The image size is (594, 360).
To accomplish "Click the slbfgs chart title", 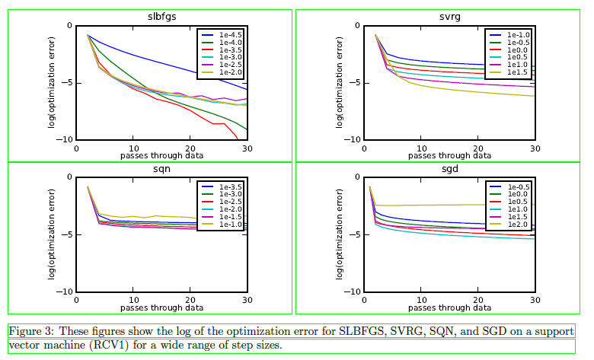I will click(x=161, y=17).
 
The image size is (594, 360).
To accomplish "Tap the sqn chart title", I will click(x=161, y=169).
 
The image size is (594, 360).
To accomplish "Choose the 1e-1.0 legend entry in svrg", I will click(x=519, y=35).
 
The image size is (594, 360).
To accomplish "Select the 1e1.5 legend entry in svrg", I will click(x=519, y=72).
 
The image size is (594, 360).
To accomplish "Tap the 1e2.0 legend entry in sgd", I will click(x=519, y=225).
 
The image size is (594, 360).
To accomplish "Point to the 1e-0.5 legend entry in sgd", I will click(x=519, y=186).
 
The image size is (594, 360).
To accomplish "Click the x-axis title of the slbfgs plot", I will click(x=161, y=155).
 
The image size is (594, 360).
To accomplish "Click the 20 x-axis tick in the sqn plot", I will click(x=190, y=300).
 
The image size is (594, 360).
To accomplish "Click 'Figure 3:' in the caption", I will click(x=30, y=332).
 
